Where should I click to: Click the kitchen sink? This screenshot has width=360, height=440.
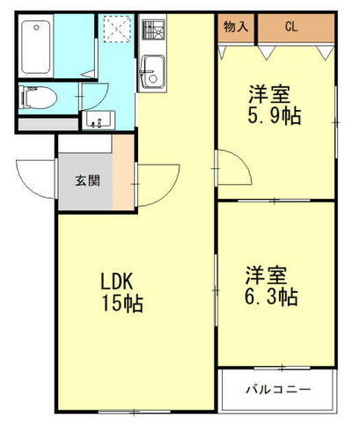(x=151, y=68)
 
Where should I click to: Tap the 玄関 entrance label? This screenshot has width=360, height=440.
(x=86, y=182)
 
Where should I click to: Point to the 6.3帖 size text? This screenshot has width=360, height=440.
(x=271, y=297)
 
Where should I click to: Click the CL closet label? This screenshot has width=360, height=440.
(x=290, y=26)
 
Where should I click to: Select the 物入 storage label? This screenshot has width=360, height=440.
(x=236, y=26)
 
